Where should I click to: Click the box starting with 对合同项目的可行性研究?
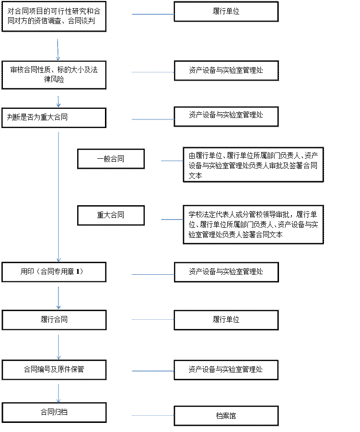coord(54,16)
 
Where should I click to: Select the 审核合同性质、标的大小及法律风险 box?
coord(54,75)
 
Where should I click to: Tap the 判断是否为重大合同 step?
coord(54,118)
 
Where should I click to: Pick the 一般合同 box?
coord(111,159)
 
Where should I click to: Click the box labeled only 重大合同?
coord(111,215)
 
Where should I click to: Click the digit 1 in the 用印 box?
coord(78,272)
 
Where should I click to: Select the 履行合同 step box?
coord(54,320)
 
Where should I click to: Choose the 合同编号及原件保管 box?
coord(54,370)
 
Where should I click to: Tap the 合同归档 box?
coord(54,412)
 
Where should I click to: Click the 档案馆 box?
coord(226,416)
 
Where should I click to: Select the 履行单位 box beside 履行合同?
coord(226,320)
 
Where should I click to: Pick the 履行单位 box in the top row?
coord(226,12)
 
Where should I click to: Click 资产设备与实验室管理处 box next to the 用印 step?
coord(226,272)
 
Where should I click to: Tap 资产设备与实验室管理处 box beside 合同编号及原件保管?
coord(226,370)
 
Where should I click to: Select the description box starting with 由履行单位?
coord(254,165)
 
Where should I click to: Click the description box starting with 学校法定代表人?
coord(254,224)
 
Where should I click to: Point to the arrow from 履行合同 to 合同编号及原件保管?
coord(58,347)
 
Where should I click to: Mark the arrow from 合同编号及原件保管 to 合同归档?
coord(58,393)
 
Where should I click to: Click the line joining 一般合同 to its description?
coord(172,161)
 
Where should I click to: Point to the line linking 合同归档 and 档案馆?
coord(153,415)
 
